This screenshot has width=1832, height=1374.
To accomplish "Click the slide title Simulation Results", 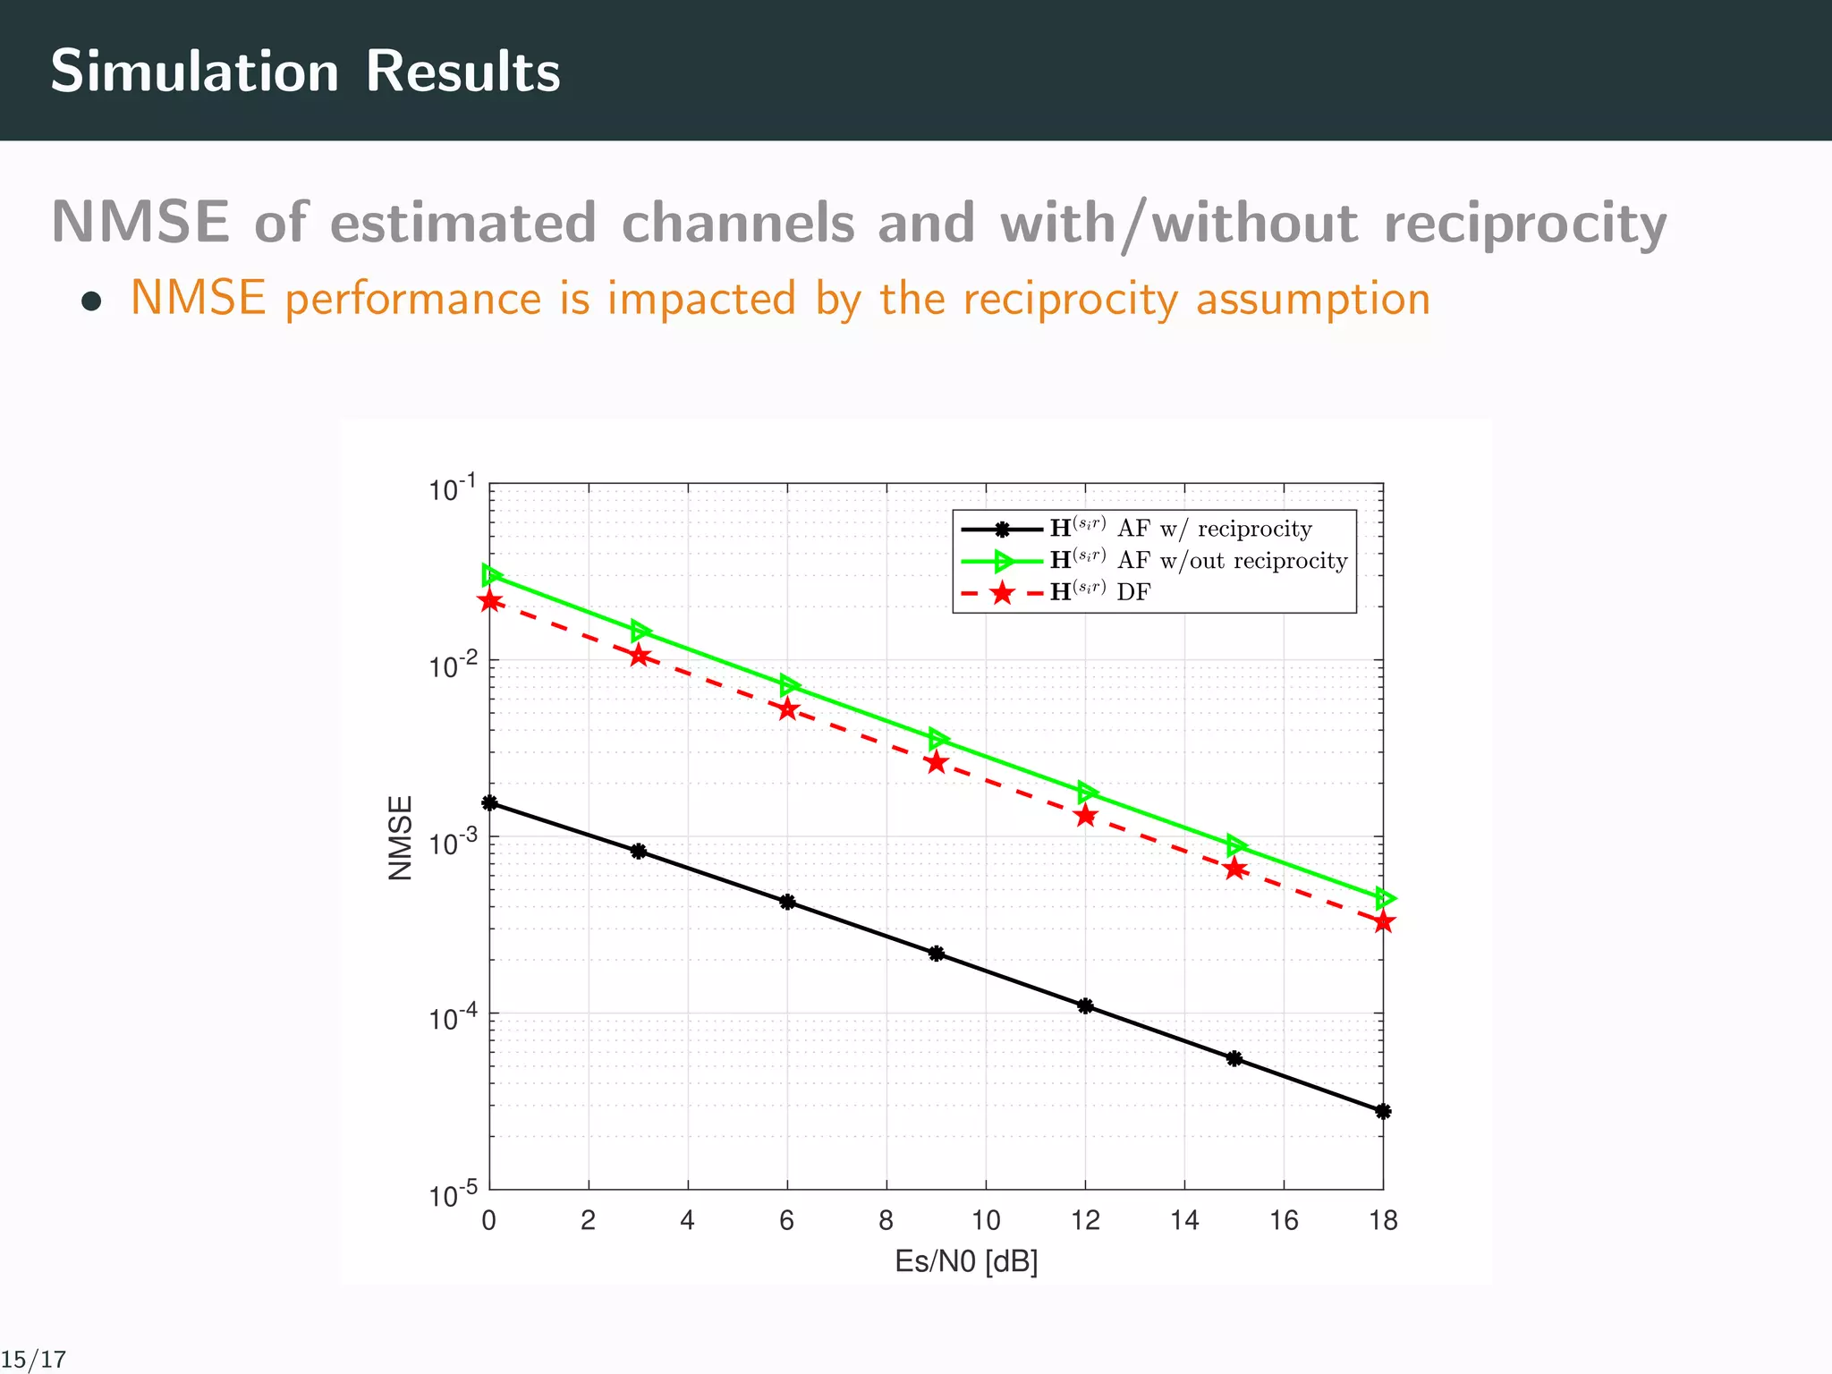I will (305, 71).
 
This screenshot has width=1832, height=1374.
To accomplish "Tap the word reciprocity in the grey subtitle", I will (1524, 223).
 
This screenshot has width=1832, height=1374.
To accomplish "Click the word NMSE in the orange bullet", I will (198, 298).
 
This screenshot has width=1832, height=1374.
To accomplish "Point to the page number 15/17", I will (34, 1360).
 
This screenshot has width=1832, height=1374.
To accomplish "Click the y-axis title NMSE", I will (401, 838).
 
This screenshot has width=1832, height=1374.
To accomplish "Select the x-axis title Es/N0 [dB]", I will (966, 1262).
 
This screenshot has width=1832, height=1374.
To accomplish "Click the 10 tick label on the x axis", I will (986, 1221).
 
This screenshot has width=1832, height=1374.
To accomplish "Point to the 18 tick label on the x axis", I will (1383, 1221).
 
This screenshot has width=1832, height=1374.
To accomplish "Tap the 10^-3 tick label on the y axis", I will (454, 843).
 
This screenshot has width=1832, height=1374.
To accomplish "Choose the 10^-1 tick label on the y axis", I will (454, 489).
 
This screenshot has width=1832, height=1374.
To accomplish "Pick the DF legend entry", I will (1100, 592).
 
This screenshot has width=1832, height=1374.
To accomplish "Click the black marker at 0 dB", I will (489, 803).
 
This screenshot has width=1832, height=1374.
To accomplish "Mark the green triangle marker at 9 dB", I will (937, 739).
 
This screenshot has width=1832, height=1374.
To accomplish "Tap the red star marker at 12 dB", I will (1086, 816).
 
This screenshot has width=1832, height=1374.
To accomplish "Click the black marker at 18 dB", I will (1383, 1112).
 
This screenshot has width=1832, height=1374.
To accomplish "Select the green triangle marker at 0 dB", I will (491, 575).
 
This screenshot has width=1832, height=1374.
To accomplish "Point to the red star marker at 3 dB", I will (639, 657).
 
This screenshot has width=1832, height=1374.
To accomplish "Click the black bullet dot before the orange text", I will (90, 301).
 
